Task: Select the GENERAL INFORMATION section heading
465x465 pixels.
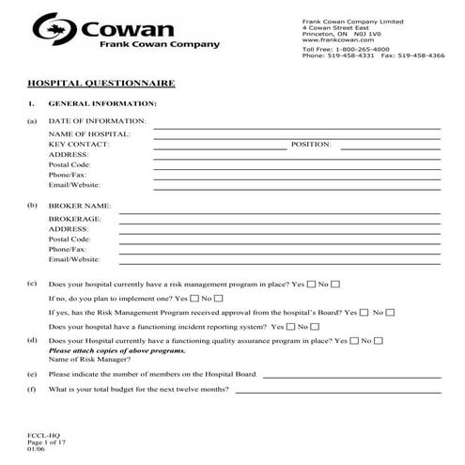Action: [x=102, y=102]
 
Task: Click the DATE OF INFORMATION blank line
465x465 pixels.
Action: [x=297, y=123]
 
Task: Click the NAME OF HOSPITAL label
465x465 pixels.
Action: [x=89, y=134]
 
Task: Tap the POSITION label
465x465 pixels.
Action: [x=312, y=145]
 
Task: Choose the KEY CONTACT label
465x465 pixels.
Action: [x=79, y=145]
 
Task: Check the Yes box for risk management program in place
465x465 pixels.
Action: [x=310, y=283]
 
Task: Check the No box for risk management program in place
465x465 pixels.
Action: [x=335, y=283]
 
